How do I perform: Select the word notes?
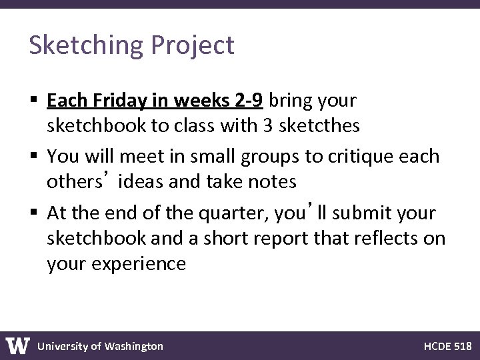(x=273, y=181)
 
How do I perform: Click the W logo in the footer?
(x=18, y=345)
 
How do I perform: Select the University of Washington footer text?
(x=100, y=346)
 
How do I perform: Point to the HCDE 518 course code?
(x=448, y=346)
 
